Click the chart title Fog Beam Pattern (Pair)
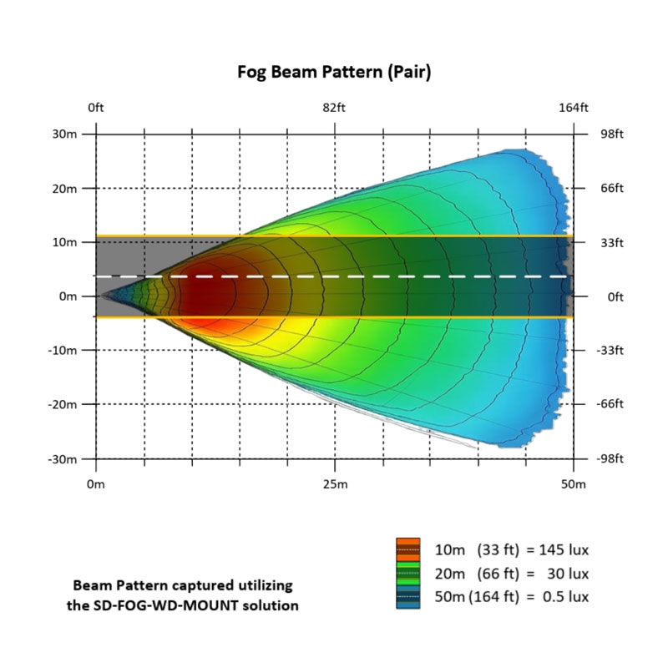334,73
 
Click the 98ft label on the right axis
611,134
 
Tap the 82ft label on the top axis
334,108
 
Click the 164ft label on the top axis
573,108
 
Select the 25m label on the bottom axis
334,484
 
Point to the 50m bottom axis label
573,484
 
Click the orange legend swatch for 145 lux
407,550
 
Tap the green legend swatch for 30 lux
407,574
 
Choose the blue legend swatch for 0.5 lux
407,597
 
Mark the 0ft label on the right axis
610,296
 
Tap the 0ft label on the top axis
96,108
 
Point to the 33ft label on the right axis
611,242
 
